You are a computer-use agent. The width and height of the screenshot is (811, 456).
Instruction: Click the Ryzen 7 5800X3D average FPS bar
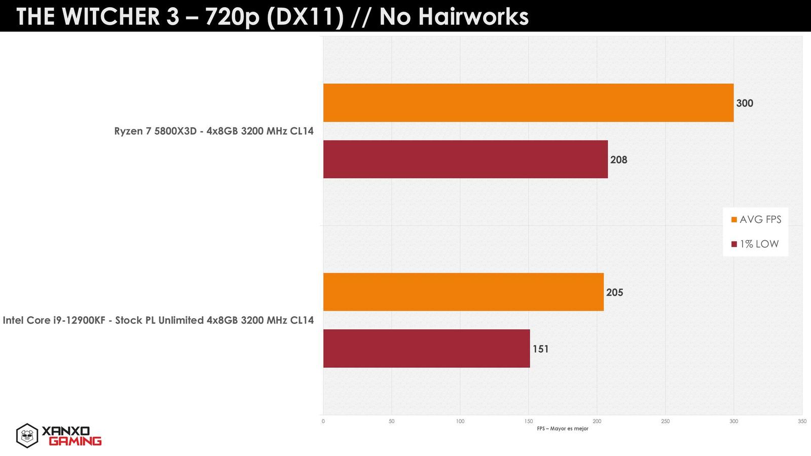[x=528, y=103]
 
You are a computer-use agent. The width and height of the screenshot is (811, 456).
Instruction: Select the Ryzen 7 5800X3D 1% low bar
[x=465, y=159]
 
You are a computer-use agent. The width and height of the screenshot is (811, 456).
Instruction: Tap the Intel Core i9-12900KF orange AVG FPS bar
[x=463, y=292]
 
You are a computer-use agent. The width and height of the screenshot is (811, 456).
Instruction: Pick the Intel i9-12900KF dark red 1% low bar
[x=426, y=349]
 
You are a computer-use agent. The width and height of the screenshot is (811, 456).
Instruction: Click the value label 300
[x=745, y=103]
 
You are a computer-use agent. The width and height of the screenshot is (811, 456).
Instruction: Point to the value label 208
[x=619, y=160]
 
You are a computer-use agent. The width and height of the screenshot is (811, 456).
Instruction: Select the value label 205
[x=614, y=292]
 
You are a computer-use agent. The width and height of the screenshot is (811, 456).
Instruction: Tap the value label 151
[x=540, y=349]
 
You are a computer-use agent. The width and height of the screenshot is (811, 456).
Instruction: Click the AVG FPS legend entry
[x=756, y=219]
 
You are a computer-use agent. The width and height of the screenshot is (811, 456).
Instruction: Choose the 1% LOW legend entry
[x=755, y=244]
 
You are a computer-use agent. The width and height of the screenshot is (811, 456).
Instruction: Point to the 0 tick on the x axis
[x=323, y=422]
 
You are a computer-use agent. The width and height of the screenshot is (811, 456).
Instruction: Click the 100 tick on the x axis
[x=460, y=422]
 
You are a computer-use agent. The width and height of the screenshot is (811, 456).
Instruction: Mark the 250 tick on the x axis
[x=665, y=422]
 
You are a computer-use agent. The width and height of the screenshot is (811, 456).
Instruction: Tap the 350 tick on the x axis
[x=802, y=422]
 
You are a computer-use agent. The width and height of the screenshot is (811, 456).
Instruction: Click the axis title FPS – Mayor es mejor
[x=563, y=429]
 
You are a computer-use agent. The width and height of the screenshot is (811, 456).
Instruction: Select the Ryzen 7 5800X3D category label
[x=214, y=131]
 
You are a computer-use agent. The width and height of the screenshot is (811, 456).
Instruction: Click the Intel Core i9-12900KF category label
[x=158, y=320]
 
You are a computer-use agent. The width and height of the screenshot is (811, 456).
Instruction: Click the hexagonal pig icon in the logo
[x=27, y=435]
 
